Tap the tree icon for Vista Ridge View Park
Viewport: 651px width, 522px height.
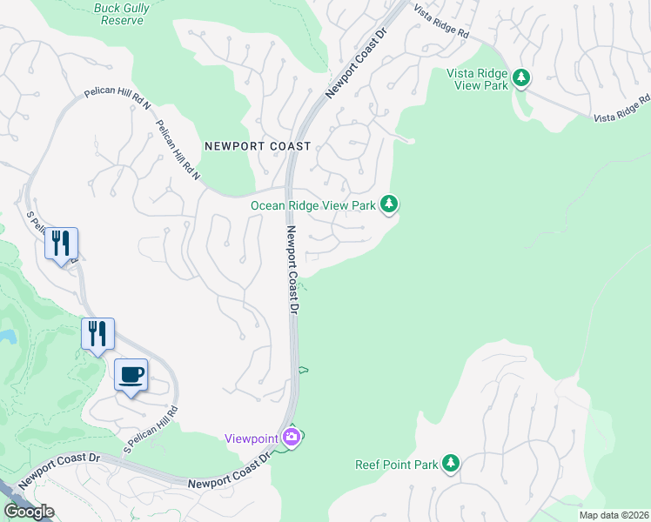tap(521, 78)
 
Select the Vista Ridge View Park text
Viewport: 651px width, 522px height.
tap(477, 79)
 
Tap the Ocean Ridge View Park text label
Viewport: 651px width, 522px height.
tap(313, 205)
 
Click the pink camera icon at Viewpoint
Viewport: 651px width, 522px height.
tap(292, 438)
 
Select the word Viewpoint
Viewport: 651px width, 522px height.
tap(252, 438)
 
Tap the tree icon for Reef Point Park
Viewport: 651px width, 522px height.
tap(450, 464)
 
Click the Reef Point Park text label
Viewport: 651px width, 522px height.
tap(397, 465)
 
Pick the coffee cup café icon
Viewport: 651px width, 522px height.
tap(131, 376)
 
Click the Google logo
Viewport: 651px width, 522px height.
tap(29, 511)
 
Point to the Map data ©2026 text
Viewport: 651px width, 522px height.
tap(613, 515)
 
